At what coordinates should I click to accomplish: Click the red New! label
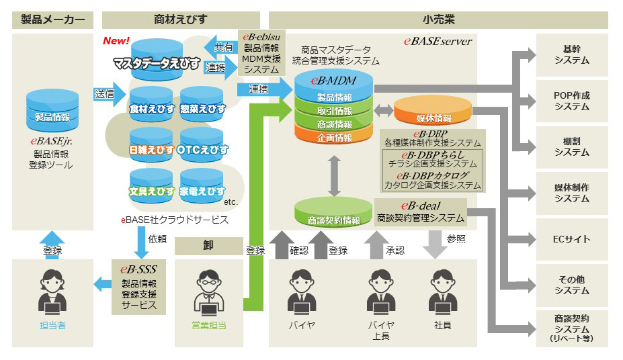(x=116, y=41)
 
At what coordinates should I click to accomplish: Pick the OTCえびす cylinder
(x=202, y=144)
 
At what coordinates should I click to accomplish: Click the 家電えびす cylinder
(x=202, y=187)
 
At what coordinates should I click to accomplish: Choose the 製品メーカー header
(x=52, y=19)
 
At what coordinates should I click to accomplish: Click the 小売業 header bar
(x=438, y=19)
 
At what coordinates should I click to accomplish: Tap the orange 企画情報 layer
(x=334, y=137)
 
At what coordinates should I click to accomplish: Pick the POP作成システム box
(x=571, y=101)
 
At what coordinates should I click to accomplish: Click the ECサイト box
(x=571, y=239)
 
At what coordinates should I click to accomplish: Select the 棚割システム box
(x=571, y=146)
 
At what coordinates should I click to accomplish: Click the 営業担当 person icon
(x=208, y=295)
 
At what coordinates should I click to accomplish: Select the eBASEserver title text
(x=438, y=41)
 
